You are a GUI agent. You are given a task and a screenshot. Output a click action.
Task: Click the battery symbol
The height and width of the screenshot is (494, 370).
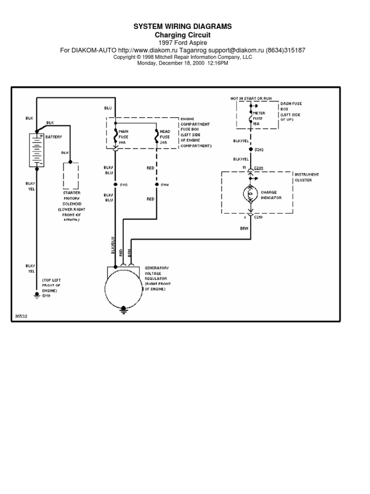(37, 151)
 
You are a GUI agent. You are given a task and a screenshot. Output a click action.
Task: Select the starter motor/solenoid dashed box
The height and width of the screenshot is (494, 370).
(70, 176)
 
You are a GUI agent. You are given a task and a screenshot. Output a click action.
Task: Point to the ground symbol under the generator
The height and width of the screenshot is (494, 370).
(124, 308)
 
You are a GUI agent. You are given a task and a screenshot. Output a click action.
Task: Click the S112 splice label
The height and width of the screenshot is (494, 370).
(123, 184)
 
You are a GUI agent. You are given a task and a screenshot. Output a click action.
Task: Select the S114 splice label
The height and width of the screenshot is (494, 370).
(164, 184)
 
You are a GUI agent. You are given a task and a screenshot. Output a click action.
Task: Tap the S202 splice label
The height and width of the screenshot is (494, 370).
(259, 150)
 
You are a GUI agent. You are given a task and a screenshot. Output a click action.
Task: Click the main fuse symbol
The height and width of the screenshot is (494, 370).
(115, 137)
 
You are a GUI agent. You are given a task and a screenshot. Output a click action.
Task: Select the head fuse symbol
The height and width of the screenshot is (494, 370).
(156, 137)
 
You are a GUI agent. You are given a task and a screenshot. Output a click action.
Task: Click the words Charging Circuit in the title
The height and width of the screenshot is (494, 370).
(182, 35)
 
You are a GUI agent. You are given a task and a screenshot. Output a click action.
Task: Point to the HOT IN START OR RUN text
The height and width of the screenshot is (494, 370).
(251, 98)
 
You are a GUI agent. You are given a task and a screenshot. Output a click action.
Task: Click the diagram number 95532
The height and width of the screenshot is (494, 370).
(21, 317)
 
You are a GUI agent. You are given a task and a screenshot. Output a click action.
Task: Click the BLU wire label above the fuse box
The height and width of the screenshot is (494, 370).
(107, 108)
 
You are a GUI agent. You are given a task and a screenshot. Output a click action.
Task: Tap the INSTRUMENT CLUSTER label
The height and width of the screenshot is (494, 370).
(306, 177)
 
